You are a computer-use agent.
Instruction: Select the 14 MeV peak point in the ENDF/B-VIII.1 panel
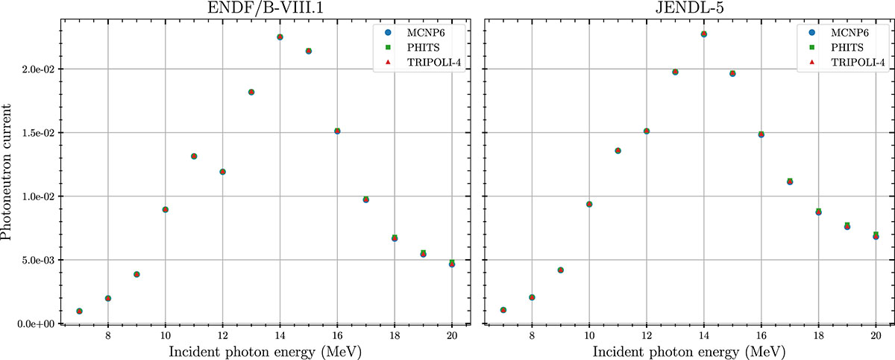click(280, 37)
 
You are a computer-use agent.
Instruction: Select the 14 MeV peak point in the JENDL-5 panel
click(704, 34)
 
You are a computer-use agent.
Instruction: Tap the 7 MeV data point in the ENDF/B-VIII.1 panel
click(79, 311)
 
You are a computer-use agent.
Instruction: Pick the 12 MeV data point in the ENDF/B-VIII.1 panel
click(222, 172)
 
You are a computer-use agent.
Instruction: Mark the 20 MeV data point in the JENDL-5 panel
click(876, 236)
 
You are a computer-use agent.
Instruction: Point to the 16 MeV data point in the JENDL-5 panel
click(761, 134)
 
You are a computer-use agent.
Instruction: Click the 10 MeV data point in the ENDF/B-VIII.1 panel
click(165, 209)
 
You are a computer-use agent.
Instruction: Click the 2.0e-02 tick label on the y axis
click(34, 69)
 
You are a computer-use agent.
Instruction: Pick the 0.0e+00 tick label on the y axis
click(34, 324)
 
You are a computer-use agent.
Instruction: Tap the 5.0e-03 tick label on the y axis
click(34, 260)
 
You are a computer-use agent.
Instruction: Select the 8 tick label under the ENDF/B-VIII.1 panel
click(107, 337)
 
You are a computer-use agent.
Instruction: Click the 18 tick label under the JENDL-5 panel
click(818, 337)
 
